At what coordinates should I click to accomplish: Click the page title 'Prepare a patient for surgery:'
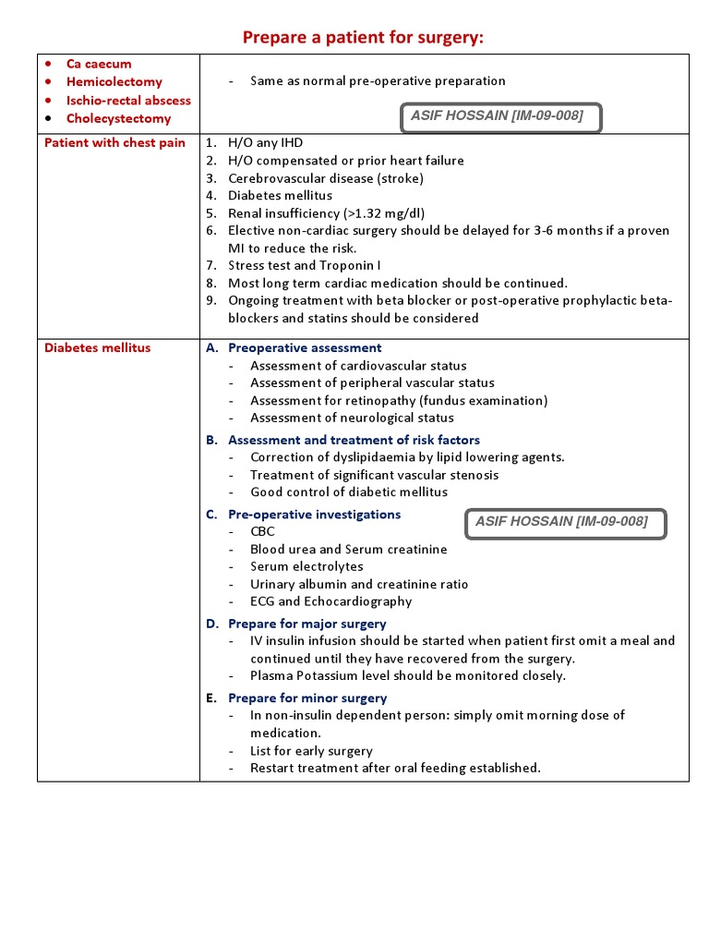363,37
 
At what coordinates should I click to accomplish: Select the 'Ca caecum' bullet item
99,64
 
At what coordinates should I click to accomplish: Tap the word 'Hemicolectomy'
114,82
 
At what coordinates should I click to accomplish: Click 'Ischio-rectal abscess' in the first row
128,100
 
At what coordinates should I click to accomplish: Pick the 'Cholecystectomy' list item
118,118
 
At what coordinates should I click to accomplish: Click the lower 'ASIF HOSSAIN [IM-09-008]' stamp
565,523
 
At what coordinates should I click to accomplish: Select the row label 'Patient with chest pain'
114,143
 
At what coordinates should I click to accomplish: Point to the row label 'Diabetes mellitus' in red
97,347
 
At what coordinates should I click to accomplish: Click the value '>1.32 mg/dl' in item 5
384,212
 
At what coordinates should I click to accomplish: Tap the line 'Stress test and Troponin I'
304,265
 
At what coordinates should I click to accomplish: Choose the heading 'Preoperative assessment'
305,348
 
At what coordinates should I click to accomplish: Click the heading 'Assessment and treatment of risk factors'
354,440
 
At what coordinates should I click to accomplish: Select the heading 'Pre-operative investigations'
314,515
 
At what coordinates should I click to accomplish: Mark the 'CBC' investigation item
262,532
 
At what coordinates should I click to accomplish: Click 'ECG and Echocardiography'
330,601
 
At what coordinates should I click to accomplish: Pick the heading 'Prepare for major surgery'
307,624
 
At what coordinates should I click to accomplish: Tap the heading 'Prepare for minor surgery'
307,698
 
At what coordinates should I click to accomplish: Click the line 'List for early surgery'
311,751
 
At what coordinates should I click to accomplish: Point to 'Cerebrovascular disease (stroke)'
326,178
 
